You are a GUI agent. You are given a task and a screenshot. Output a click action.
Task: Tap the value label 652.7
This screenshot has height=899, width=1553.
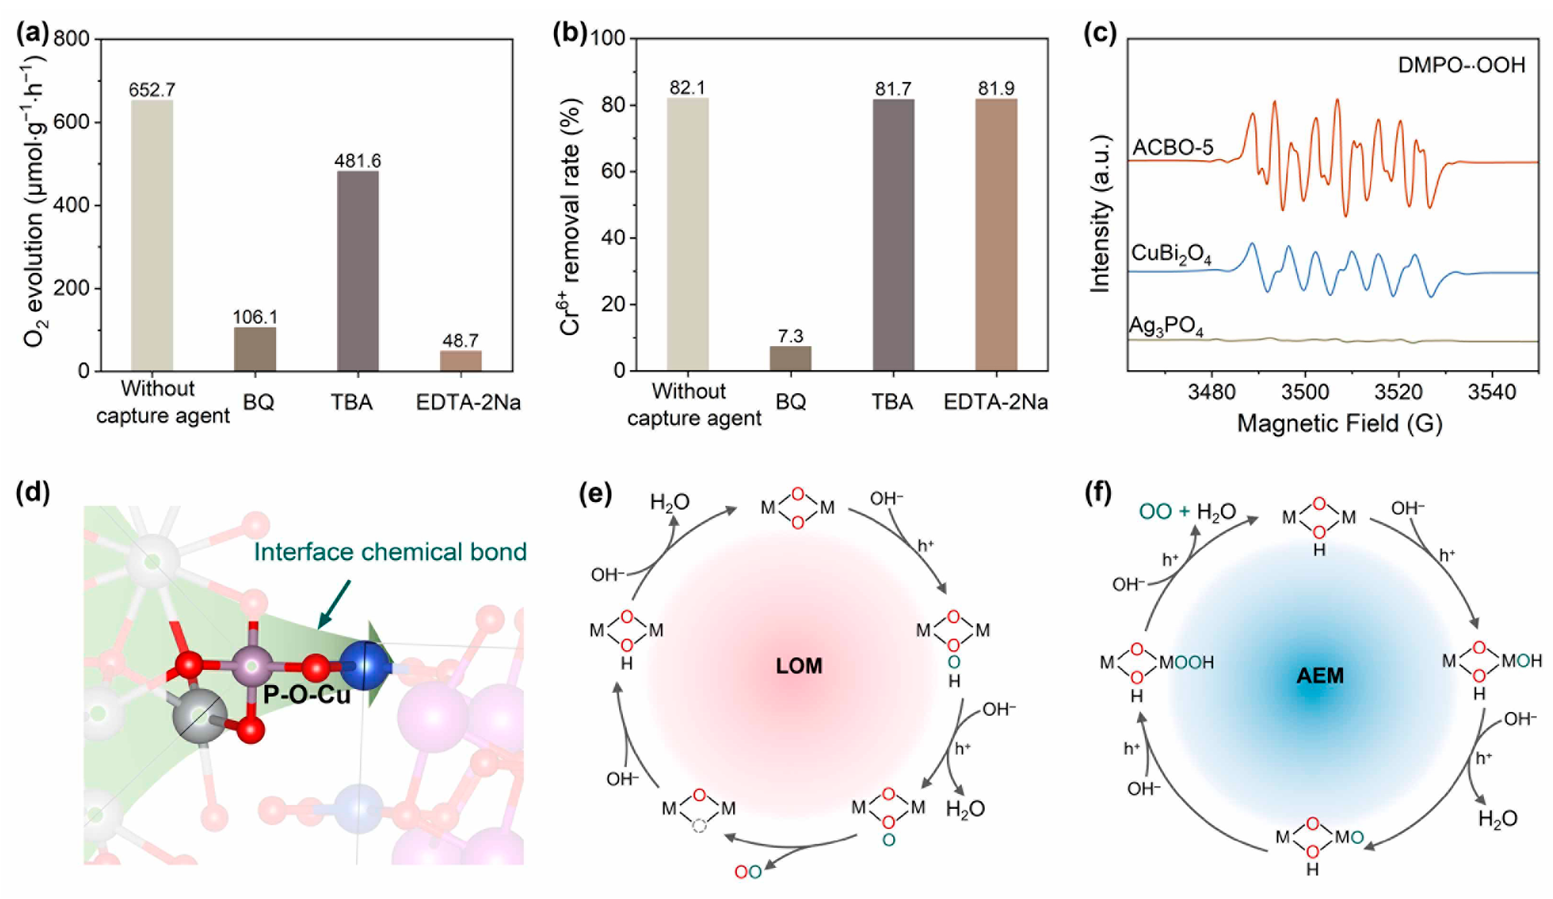(x=151, y=90)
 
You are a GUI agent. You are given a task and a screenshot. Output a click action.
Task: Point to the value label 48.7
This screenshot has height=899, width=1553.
(x=460, y=340)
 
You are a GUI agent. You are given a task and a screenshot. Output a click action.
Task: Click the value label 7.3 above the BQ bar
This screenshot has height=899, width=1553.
(x=790, y=336)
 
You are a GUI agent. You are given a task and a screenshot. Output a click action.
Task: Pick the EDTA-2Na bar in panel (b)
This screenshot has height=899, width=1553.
(x=996, y=234)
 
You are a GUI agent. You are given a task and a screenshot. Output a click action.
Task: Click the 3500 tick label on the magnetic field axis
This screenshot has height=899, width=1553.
(x=1305, y=392)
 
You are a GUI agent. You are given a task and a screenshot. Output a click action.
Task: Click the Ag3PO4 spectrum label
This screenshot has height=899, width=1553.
(x=1166, y=327)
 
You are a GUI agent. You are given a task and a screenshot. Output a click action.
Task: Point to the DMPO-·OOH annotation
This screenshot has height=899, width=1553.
(x=1461, y=65)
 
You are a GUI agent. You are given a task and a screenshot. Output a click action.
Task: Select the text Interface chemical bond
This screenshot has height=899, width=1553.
(x=390, y=552)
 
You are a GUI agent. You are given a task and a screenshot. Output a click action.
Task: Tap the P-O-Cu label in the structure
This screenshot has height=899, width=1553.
(x=307, y=695)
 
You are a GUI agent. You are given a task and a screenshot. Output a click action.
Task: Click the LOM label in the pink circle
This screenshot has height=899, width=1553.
(x=799, y=666)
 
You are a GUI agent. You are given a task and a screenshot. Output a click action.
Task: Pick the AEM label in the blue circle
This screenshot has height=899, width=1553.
(x=1320, y=676)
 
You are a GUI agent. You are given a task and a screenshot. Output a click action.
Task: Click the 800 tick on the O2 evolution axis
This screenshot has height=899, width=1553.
(x=71, y=39)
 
